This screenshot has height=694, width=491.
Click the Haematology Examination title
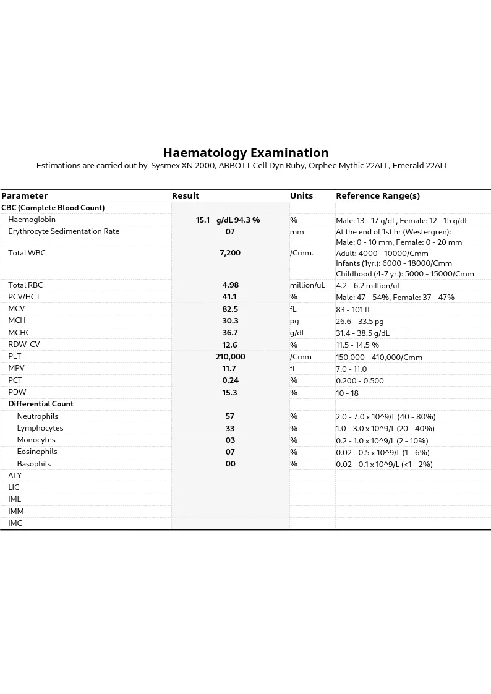[246, 153]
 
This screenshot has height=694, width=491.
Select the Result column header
[186, 196]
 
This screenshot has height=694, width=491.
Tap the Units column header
[301, 196]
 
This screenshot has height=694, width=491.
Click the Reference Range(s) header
[378, 196]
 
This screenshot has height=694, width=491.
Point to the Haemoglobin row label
[32, 220]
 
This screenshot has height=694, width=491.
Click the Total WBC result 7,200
[230, 253]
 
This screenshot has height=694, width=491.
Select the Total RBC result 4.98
[230, 285]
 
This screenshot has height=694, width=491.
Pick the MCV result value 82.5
[230, 309]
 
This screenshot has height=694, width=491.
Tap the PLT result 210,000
[230, 357]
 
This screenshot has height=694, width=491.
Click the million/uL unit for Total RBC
[307, 285]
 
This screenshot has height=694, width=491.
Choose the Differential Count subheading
[41, 404]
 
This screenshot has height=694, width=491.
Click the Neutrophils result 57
[230, 416]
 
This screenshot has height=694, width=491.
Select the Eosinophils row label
[37, 452]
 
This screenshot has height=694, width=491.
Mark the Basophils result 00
[230, 464]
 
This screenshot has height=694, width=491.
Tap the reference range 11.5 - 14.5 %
[357, 345]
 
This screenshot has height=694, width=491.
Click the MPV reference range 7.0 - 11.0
[351, 369]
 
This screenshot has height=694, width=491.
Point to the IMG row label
[15, 523]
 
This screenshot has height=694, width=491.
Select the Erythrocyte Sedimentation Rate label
[64, 231]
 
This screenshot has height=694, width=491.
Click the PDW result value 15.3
[230, 393]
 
